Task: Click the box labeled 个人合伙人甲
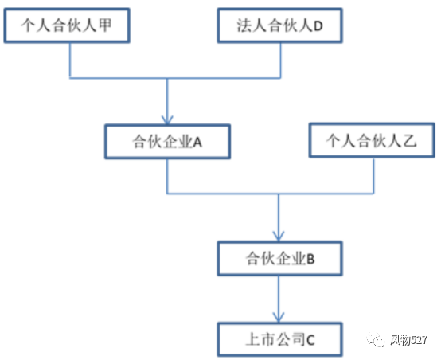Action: click(67, 25)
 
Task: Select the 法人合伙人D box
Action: click(280, 25)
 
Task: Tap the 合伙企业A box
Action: click(168, 142)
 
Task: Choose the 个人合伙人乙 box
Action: click(372, 140)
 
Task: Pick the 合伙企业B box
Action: click(280, 258)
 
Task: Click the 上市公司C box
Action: click(280, 339)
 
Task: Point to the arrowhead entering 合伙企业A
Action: click(167, 120)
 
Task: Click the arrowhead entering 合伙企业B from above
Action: click(279, 237)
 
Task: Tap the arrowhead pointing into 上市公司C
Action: click(279, 318)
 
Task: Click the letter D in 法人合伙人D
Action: click(318, 26)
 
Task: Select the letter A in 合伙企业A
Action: click(197, 143)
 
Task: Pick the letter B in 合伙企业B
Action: click(310, 259)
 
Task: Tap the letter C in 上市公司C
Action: click(310, 340)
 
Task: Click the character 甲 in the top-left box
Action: click(105, 25)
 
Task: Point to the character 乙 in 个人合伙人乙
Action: click(410, 140)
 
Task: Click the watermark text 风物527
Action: click(408, 340)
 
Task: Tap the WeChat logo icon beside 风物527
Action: click(376, 340)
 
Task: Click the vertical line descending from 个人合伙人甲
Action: click(70, 61)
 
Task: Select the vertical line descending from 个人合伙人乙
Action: click(374, 176)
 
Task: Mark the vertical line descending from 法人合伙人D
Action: click(280, 61)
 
